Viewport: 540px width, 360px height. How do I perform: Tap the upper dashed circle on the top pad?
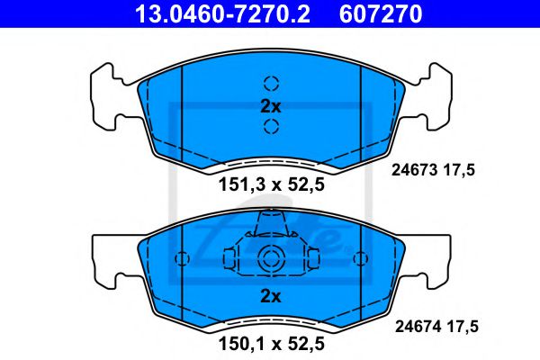pos(271,83)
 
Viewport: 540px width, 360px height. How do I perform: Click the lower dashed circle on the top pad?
pos(271,126)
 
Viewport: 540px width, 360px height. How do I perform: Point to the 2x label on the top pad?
pos(271,105)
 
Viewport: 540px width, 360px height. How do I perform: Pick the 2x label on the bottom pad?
pos(271,296)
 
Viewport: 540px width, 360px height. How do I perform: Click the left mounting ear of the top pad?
pos(109,94)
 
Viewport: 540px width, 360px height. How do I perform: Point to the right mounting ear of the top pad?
pos(434,94)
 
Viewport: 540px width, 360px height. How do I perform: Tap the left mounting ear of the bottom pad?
pos(109,257)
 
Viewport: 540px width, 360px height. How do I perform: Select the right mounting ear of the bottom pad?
pos(434,257)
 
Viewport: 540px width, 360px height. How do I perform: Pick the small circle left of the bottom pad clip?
pos(182,258)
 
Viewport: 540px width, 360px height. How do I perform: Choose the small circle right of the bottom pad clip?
pos(360,258)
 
